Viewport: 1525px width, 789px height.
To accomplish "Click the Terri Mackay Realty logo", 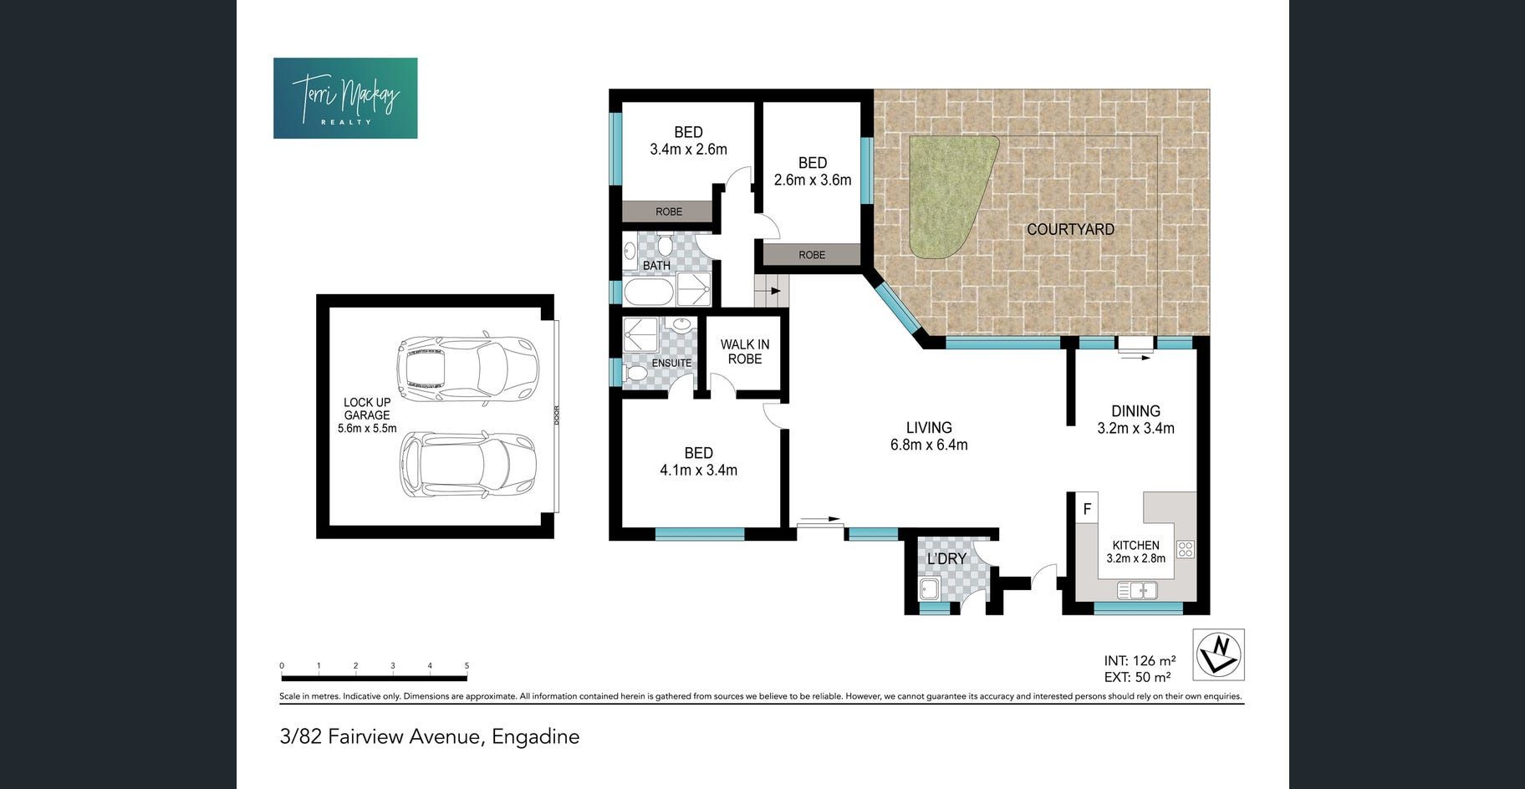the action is coord(345,98).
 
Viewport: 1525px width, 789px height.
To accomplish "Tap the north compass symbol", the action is coord(1219,654).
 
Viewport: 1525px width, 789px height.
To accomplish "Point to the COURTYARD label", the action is coord(1070,229).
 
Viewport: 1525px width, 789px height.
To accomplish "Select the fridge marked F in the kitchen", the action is coord(1087,508).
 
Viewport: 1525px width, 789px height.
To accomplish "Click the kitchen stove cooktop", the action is coord(1186,549).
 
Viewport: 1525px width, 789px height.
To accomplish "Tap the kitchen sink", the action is coord(1137,591).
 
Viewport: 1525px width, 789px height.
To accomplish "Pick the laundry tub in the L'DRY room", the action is coord(929,590).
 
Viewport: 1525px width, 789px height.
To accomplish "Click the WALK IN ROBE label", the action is coord(745,352).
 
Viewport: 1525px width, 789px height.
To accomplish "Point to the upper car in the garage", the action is coord(467,369).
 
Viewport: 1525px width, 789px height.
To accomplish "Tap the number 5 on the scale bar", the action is coord(467,666).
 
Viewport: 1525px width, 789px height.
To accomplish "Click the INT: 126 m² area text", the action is coord(1140,661).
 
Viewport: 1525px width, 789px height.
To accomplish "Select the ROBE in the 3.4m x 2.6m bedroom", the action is coord(669,211).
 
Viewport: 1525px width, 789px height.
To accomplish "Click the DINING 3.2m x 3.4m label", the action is coord(1135,420).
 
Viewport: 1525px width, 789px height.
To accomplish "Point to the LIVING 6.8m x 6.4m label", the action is coord(929,436).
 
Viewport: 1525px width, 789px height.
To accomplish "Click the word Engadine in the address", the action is coord(535,737).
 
